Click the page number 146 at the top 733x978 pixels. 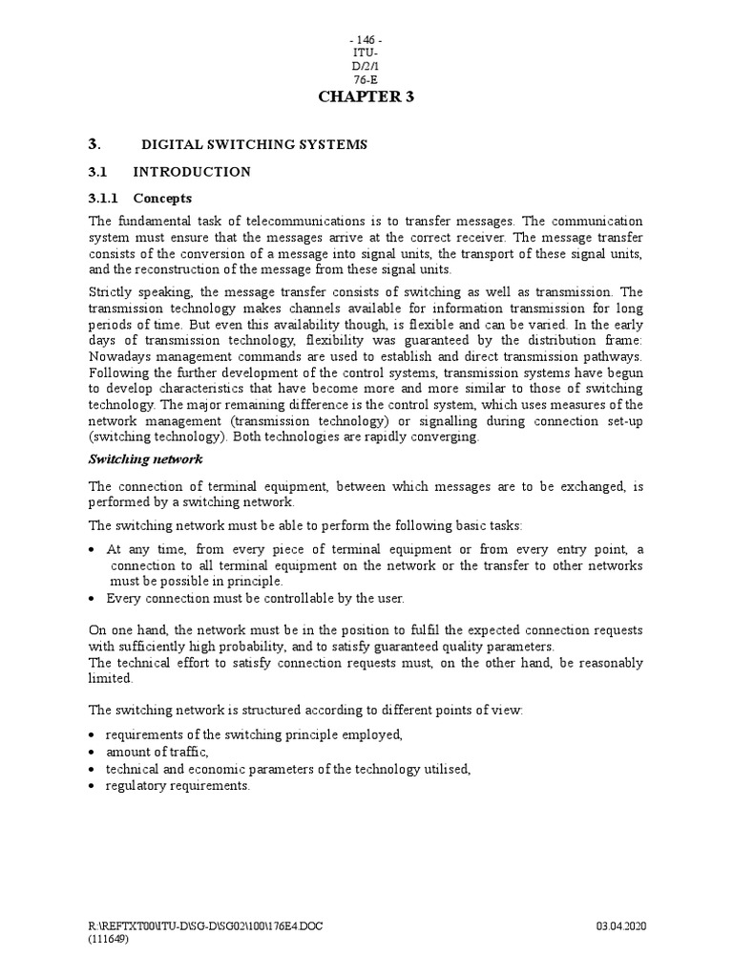pos(366,38)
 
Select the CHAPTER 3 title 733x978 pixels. pos(366,96)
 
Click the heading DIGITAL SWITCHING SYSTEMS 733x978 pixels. pos(254,144)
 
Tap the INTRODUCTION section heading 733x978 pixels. pos(192,172)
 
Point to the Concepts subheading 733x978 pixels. pos(162,199)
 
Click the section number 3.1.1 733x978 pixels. pos(105,199)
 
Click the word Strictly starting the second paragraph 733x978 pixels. pos(112,292)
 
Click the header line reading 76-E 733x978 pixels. pos(366,80)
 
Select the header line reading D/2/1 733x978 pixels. pos(366,67)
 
